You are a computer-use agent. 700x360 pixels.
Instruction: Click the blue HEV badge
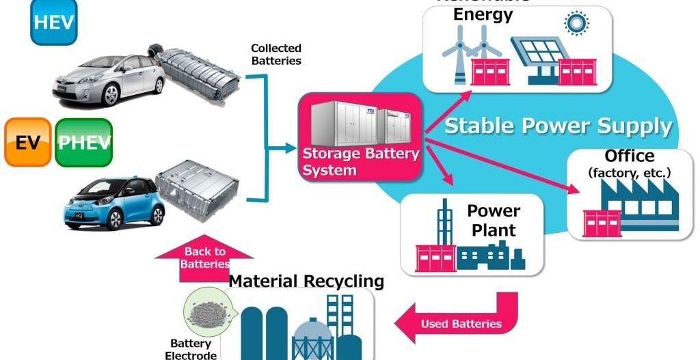click(54, 23)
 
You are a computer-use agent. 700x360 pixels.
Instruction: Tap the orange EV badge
click(27, 142)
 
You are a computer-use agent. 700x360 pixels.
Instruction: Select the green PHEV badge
click(83, 142)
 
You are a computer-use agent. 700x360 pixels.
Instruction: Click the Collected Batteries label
click(276, 54)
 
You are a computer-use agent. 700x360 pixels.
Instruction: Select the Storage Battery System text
click(360, 161)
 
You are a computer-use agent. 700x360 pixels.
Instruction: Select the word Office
click(629, 156)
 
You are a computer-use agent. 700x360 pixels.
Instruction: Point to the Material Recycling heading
click(306, 281)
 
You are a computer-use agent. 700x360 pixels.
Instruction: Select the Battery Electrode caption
click(191, 349)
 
